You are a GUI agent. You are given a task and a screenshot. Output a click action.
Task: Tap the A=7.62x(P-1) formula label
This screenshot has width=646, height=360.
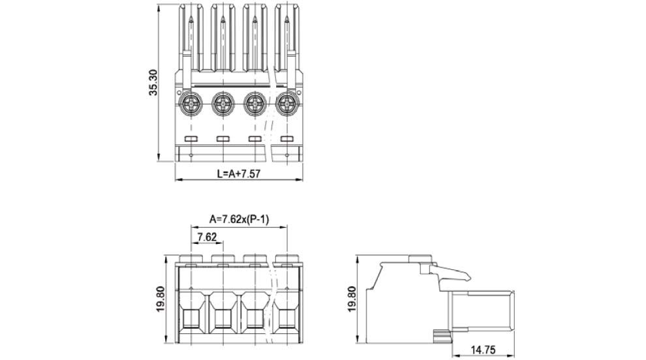(239, 219)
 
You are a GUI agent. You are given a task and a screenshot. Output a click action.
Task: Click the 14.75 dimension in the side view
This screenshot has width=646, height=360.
(483, 350)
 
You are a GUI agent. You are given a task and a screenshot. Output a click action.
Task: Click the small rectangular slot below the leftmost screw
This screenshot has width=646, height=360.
(191, 140)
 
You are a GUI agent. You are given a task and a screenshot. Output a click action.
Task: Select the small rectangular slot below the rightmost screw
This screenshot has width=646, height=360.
(286, 140)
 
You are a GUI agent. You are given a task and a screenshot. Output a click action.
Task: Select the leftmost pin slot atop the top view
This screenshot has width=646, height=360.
(191, 39)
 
